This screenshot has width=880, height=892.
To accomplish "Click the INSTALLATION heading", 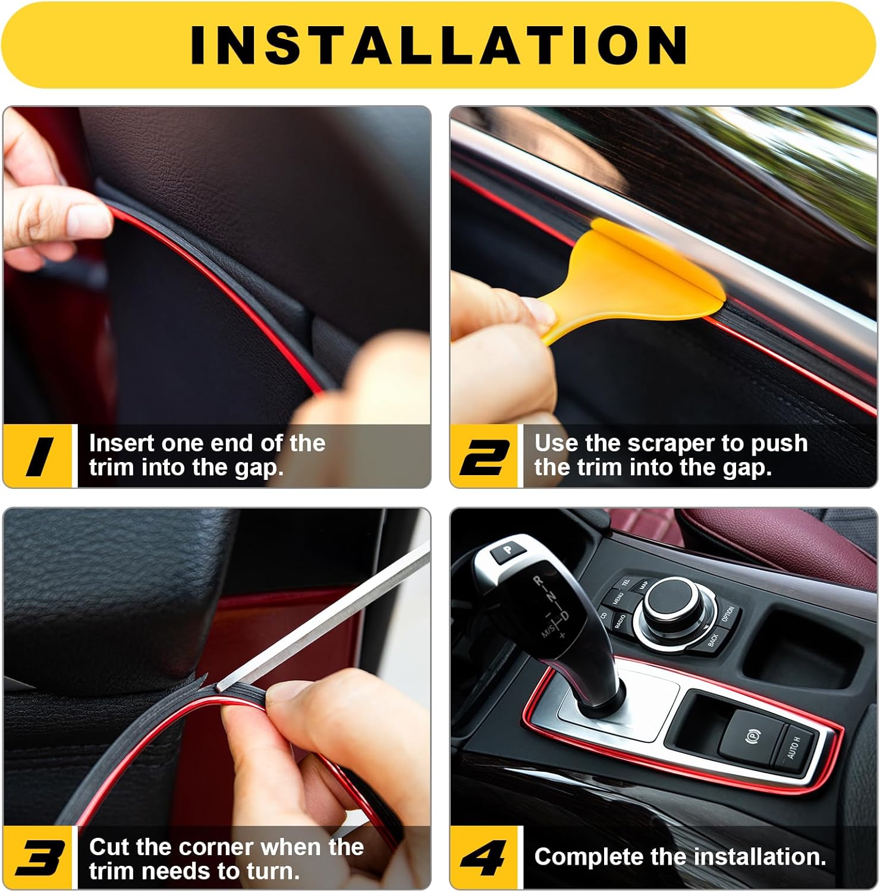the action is [439, 45].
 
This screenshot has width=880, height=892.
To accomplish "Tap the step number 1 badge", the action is [40, 456].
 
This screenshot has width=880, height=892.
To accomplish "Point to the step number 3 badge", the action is [40, 858].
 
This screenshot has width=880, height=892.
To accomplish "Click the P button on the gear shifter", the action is [507, 550].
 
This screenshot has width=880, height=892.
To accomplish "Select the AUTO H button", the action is [794, 748].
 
